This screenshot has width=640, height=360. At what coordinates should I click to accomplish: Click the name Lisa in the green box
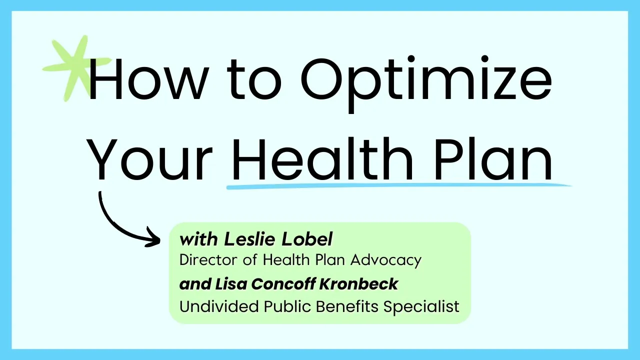coord(231,284)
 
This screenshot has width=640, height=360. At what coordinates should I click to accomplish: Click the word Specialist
coord(421,306)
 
